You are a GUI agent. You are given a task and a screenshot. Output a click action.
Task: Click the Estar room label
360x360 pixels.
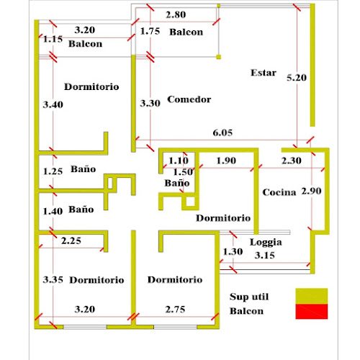[264, 73]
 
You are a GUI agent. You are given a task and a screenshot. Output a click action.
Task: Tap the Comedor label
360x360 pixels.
[189, 99]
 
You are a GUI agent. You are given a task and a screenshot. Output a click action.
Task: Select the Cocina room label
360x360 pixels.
[279, 192]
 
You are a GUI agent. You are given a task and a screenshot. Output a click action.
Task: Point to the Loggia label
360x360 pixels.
[266, 242]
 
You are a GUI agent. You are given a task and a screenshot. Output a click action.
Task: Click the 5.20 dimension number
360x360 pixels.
[297, 78]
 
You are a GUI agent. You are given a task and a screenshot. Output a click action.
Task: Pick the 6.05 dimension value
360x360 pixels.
[222, 132]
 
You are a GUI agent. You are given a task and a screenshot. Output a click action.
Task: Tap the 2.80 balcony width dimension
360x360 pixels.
[176, 14]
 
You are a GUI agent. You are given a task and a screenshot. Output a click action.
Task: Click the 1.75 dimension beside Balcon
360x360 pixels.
[150, 31]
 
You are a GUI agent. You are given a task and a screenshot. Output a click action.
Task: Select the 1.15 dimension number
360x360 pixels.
[53, 39]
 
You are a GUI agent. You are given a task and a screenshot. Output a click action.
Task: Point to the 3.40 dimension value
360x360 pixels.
[53, 104]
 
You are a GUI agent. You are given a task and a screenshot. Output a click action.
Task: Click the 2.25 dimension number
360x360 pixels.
[71, 240]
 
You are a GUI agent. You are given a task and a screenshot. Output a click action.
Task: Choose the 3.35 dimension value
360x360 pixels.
[53, 279]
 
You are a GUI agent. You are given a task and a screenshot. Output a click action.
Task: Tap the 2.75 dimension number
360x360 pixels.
[175, 310]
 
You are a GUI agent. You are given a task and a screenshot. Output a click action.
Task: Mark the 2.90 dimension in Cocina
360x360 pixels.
[312, 191]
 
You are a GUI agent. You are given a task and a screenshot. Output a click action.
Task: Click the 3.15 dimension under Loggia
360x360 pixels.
[265, 255]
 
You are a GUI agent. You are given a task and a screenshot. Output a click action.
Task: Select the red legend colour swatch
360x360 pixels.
[312, 312]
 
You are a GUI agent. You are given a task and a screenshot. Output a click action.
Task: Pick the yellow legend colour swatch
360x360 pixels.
[312, 296]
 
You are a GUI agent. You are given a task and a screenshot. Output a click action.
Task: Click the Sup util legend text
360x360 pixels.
[249, 297]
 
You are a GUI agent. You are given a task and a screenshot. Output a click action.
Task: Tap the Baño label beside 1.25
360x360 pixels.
[84, 169]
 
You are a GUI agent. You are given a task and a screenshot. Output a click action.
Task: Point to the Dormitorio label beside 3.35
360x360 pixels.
[96, 280]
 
